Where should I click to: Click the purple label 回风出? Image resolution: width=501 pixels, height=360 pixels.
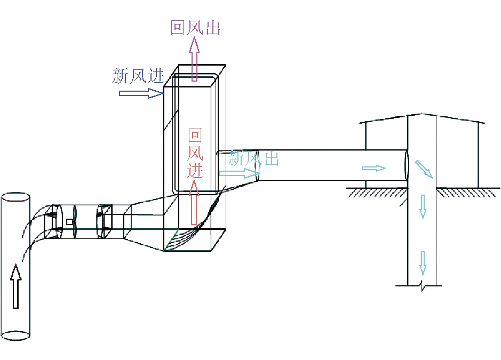(195, 27)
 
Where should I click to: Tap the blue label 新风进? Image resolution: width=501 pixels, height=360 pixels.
(138, 75)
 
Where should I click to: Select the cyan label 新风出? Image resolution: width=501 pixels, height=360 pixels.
(253, 158)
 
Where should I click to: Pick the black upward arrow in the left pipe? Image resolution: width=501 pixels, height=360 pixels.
(16, 285)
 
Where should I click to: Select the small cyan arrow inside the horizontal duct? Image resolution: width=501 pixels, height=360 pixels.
(373, 168)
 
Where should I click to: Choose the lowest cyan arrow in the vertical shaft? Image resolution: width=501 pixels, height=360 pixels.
(423, 262)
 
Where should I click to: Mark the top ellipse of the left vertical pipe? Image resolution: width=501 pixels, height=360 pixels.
(15, 197)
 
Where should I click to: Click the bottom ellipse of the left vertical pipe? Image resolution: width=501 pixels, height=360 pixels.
(15, 335)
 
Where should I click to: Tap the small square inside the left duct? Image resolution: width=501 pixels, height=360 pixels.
(69, 221)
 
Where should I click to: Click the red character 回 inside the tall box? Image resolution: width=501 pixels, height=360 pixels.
(195, 137)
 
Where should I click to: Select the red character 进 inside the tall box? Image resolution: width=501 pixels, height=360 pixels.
(195, 170)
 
